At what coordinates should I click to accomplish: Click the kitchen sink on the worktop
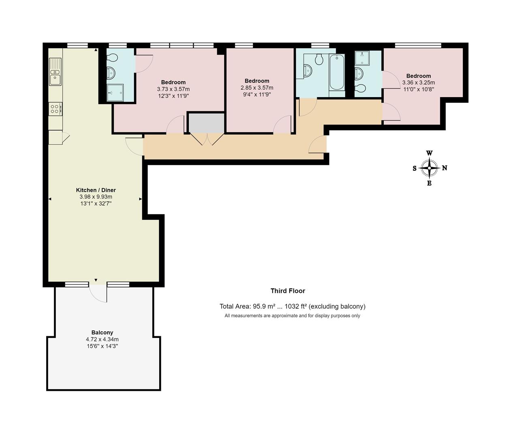point(55,72)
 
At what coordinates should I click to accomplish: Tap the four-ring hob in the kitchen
point(55,108)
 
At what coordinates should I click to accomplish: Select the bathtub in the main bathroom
point(336,73)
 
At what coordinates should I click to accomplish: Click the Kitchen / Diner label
point(96,190)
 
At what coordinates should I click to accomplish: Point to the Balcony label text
point(102,333)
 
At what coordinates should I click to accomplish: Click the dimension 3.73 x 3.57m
point(173,89)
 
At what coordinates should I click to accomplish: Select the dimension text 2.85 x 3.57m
point(257,88)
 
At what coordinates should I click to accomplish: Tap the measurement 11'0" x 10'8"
point(418,89)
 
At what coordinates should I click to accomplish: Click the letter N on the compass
point(445,168)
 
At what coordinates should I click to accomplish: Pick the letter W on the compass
point(429,153)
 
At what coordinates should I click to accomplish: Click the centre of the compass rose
point(429,168)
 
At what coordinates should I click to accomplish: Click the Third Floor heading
point(288,291)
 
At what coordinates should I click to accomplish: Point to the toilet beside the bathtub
point(319,60)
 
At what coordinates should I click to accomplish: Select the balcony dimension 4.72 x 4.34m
point(102,339)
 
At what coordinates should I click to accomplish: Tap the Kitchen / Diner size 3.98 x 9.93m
point(96,197)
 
